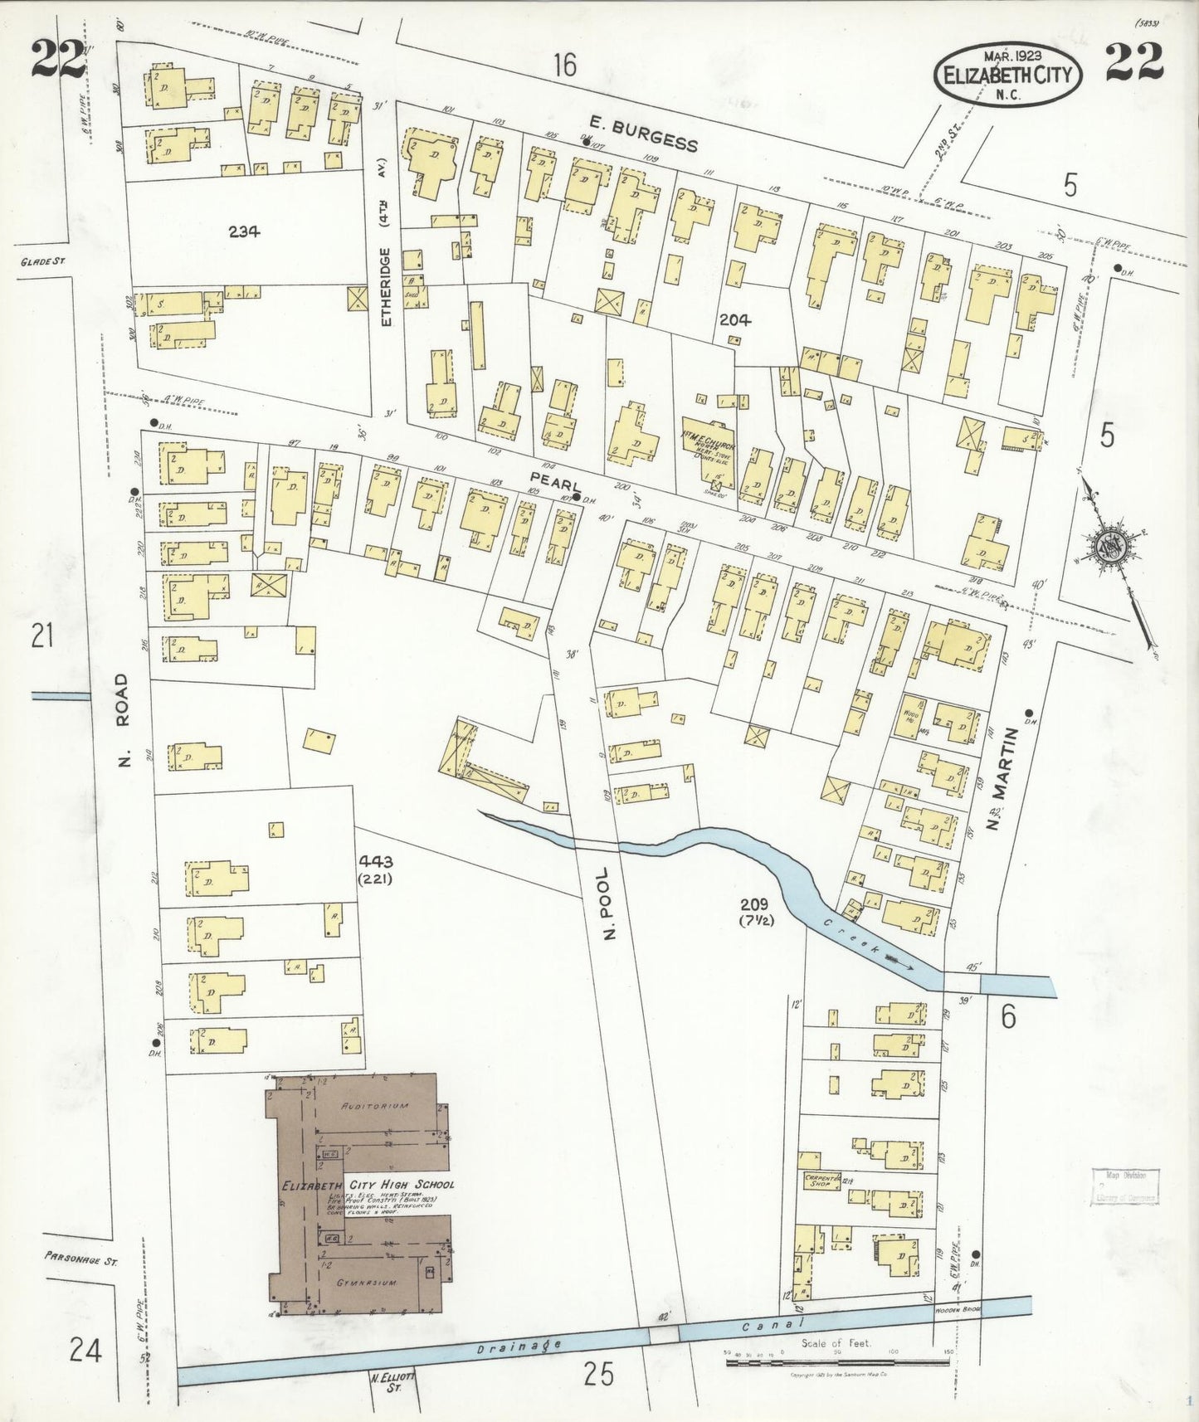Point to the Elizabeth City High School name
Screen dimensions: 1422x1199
(368, 1185)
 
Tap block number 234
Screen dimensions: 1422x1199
(244, 232)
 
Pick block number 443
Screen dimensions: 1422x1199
(375, 861)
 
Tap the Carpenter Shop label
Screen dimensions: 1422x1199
(821, 1180)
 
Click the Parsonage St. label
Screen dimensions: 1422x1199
(82, 1259)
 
